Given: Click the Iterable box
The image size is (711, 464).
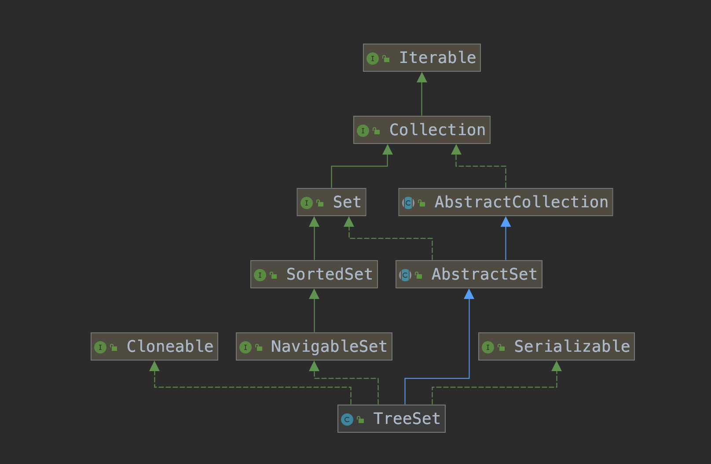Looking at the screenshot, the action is [421, 58].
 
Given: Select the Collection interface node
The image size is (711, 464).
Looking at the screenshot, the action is [421, 130].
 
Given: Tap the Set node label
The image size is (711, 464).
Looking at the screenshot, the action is [347, 202].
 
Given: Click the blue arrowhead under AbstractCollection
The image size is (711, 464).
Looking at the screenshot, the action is [506, 222].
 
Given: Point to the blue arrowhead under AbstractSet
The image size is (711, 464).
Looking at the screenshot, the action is [469, 294].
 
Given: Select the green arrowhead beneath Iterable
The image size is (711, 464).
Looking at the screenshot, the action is [422, 77].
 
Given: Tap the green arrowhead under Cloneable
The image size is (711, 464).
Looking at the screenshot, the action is [154, 366].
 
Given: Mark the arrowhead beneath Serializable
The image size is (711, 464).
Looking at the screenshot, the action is [557, 366].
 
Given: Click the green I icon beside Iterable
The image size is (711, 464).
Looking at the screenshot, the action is [373, 58].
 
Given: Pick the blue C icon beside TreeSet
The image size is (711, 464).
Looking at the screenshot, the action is [347, 420].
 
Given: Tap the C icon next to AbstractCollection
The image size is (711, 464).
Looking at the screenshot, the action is [408, 203].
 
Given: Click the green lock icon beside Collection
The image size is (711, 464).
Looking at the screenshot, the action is [376, 131].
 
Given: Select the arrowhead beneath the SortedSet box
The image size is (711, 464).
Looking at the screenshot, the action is [314, 294].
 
